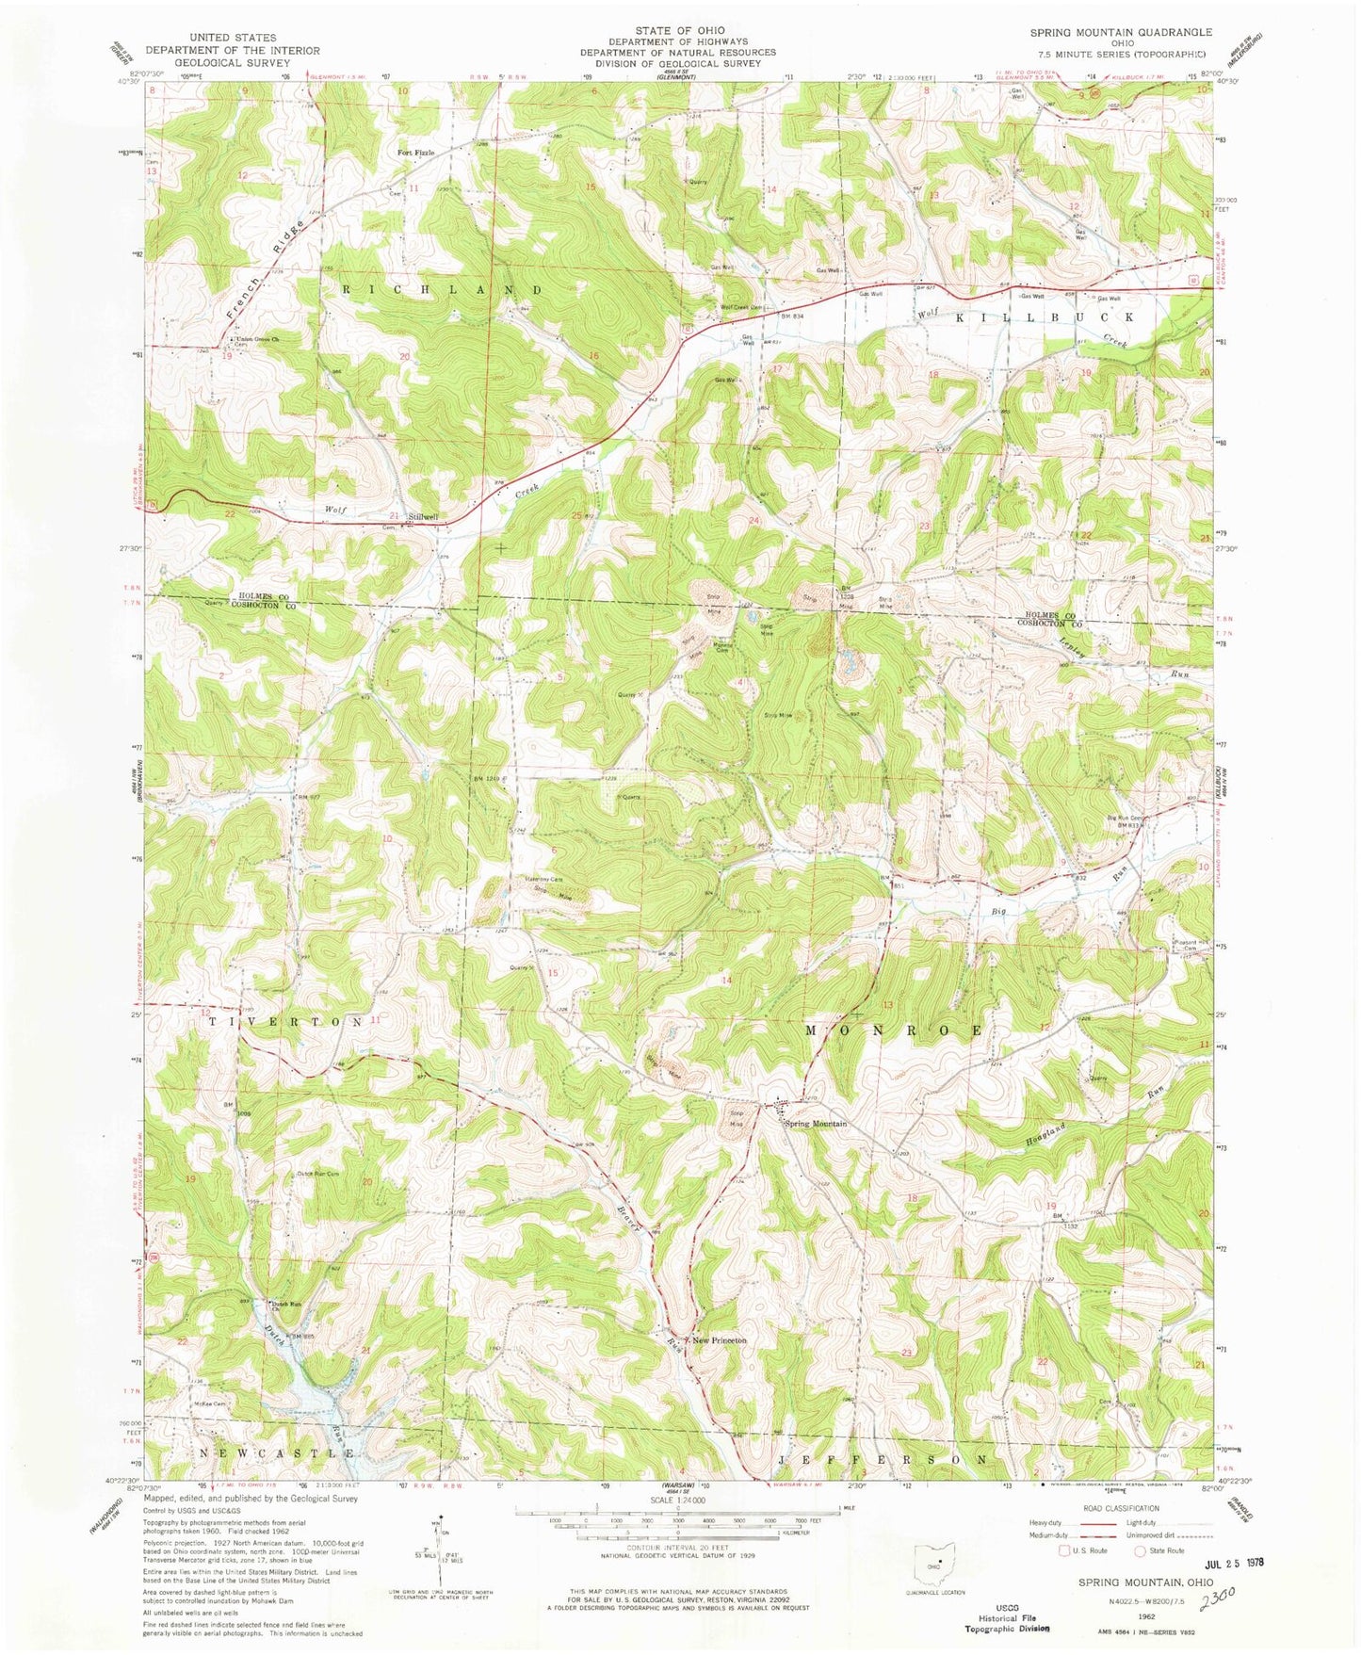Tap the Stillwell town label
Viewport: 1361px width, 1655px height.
coord(423,516)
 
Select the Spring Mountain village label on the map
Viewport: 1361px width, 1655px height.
coord(817,1124)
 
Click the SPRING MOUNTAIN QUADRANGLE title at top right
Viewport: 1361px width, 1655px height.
coord(1121,32)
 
